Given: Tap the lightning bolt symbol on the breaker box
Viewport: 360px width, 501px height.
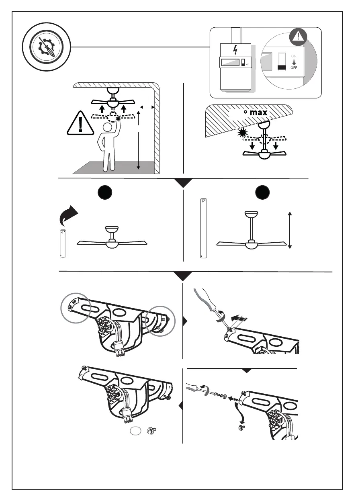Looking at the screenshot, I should click(x=235, y=50).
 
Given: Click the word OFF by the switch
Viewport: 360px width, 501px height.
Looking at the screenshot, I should click(x=294, y=67).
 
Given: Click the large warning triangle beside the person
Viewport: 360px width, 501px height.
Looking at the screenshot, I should click(x=80, y=123).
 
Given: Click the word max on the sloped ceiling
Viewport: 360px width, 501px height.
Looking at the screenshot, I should click(x=258, y=112).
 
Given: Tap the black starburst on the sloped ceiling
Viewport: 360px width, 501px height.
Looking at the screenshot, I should click(x=242, y=132).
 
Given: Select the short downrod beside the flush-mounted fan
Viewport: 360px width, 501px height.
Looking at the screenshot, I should click(x=62, y=243).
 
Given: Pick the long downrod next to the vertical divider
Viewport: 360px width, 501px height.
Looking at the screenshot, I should click(x=203, y=228).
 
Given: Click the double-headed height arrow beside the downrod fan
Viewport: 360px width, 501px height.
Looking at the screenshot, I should click(x=290, y=231).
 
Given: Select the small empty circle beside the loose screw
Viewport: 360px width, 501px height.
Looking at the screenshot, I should click(x=136, y=431).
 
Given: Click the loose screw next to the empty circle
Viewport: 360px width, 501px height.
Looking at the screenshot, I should click(x=151, y=431).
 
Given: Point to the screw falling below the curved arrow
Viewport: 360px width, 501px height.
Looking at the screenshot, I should click(x=242, y=428).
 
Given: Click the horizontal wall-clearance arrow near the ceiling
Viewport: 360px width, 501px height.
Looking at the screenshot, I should click(x=149, y=107).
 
